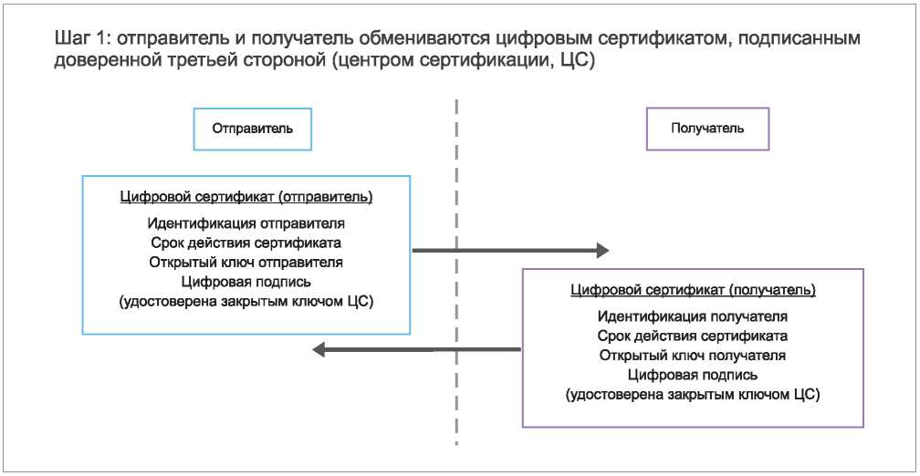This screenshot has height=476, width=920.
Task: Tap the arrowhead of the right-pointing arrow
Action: (603, 250)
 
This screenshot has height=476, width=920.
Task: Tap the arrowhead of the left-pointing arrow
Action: (319, 350)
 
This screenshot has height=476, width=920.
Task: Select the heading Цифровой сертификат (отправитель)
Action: (246, 198)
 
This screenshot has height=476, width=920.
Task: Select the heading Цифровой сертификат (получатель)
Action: (693, 290)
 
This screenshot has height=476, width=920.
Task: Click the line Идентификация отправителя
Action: (246, 223)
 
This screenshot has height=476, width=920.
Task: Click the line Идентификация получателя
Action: (693, 316)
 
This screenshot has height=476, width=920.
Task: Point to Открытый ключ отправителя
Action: (246, 262)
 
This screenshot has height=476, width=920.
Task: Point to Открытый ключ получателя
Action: (693, 356)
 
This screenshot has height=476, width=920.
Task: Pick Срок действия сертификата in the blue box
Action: (246, 243)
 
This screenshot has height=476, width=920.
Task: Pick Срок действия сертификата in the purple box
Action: (693, 336)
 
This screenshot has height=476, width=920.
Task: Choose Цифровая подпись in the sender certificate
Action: (246, 282)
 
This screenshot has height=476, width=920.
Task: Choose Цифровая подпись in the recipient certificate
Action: (693, 375)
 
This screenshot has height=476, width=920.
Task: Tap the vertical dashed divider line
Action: (456, 273)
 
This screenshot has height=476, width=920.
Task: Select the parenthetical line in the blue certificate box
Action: (246, 301)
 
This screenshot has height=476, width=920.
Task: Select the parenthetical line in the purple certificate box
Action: (693, 394)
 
